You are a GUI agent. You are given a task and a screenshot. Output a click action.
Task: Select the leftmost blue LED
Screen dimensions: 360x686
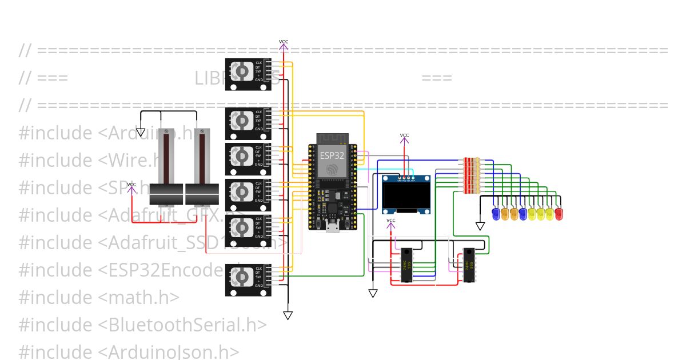pos(496,214)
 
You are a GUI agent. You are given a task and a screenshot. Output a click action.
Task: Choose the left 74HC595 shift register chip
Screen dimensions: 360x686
pos(406,265)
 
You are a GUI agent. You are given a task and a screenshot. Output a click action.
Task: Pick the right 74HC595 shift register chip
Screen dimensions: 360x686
pos(469,265)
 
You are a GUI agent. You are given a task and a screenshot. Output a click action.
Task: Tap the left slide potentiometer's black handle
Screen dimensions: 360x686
pos(166,194)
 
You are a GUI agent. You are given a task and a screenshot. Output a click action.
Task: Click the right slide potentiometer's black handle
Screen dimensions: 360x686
pos(202,194)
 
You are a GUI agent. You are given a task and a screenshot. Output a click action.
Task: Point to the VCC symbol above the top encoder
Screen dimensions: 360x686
pos(284,42)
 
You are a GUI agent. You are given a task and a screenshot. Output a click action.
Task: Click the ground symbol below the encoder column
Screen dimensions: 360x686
pos(288,315)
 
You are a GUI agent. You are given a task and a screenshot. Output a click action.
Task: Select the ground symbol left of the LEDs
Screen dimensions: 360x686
pos(480,226)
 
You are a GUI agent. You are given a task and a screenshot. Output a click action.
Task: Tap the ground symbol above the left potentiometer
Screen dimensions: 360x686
pos(141,133)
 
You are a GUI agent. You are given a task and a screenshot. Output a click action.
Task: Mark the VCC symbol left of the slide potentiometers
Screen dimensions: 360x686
pos(131,185)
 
